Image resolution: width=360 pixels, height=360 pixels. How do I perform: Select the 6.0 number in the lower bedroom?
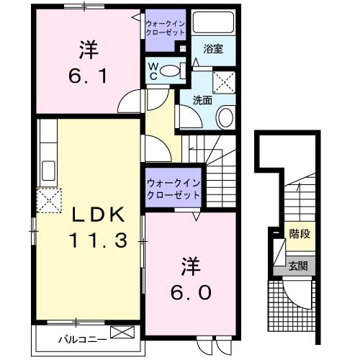click(x=191, y=292)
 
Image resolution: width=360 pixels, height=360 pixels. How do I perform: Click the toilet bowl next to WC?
click(x=169, y=71)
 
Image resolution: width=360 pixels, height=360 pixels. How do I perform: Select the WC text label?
click(x=153, y=70)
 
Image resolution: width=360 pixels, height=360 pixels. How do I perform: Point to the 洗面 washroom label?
click(x=202, y=101)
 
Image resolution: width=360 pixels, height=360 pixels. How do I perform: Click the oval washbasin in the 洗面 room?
click(x=225, y=115)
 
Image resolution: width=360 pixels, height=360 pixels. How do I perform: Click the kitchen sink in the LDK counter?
click(x=48, y=172)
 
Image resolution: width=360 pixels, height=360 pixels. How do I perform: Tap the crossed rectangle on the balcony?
click(x=123, y=333)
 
